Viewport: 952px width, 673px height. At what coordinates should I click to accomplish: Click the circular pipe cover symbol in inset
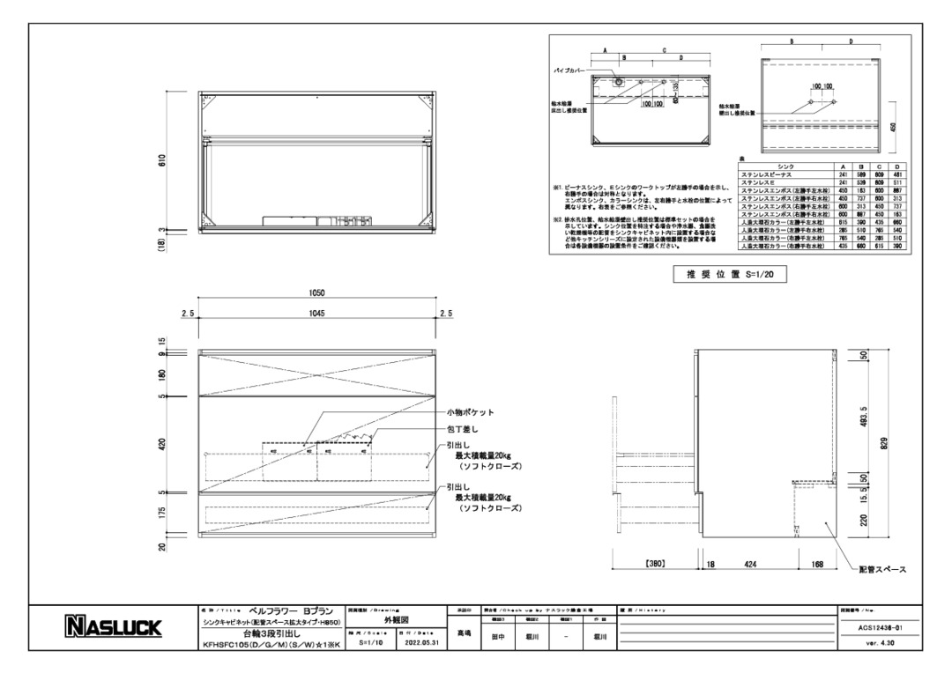coord(618,81)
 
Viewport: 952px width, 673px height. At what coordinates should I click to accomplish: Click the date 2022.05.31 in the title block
coord(418,641)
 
